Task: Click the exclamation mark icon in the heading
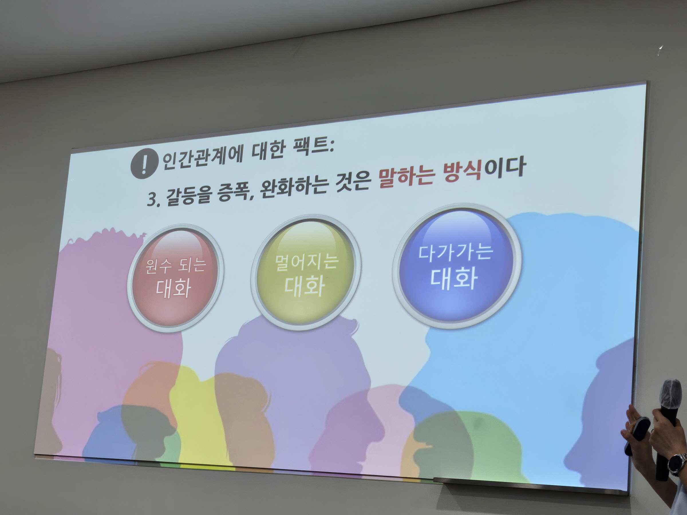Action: click(x=143, y=163)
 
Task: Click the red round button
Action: click(x=175, y=277)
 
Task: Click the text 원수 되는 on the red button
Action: click(x=176, y=266)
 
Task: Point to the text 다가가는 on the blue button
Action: click(x=455, y=252)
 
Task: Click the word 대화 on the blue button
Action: click(x=454, y=279)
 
